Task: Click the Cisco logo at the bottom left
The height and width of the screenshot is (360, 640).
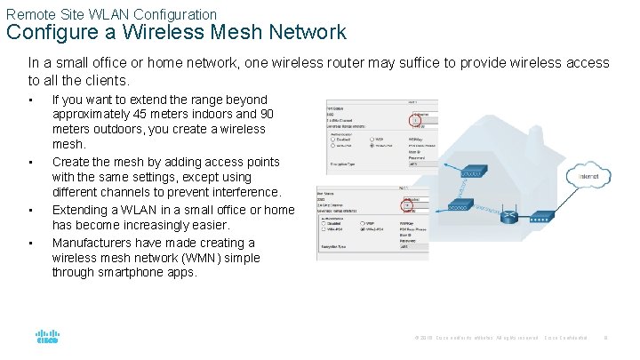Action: (46, 338)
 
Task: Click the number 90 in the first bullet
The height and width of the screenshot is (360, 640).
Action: (264, 115)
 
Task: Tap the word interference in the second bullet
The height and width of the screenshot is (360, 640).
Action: (243, 192)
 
